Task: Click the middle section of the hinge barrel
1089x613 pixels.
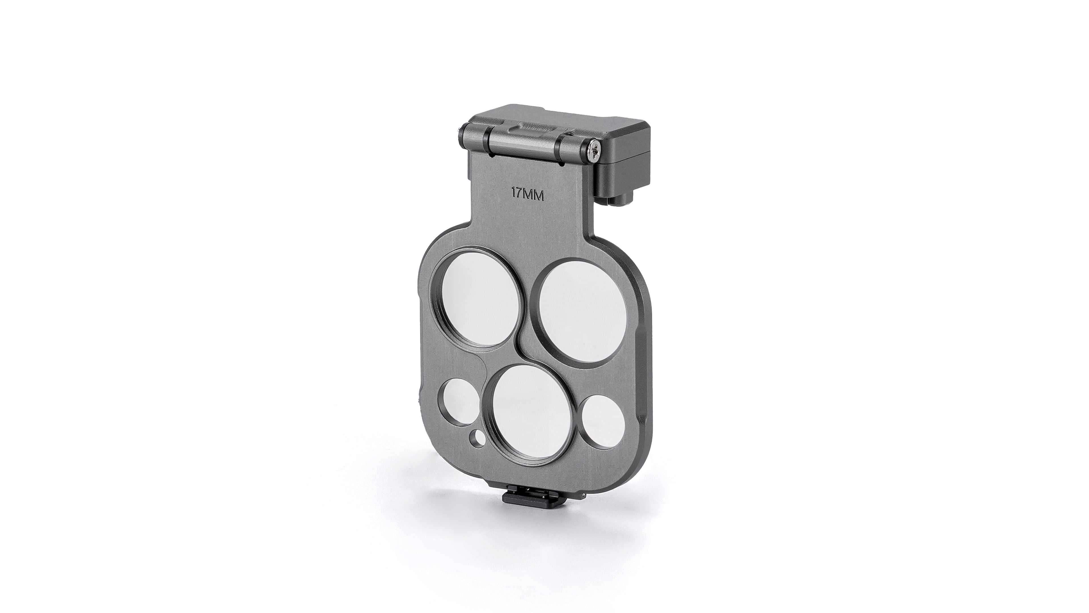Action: (x=524, y=141)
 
